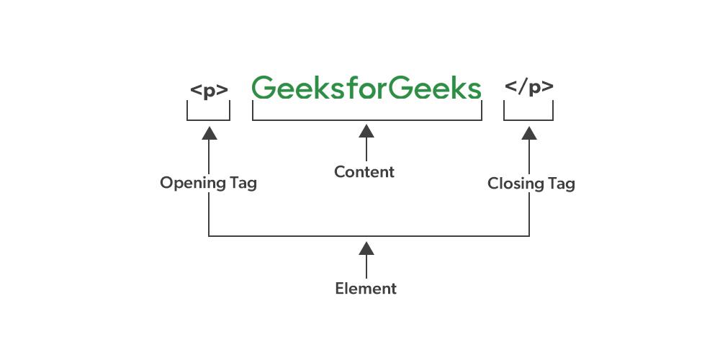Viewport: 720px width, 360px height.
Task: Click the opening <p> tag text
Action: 209,90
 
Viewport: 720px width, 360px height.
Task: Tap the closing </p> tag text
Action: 528,88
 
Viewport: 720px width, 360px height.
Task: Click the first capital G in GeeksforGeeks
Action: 264,88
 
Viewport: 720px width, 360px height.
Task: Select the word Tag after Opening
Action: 243,184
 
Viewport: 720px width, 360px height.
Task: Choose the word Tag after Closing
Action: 561,184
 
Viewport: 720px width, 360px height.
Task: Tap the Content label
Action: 364,172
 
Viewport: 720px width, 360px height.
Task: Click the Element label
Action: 366,289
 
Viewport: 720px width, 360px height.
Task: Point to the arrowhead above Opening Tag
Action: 209,132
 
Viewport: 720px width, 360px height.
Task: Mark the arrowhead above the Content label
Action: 366,131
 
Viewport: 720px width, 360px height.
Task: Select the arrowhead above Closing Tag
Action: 529,132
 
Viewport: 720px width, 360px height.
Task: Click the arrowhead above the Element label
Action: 366,248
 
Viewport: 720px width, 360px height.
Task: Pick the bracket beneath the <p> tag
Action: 209,120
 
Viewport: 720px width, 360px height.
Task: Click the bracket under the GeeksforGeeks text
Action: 366,120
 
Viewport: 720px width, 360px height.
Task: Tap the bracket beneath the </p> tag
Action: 528,120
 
